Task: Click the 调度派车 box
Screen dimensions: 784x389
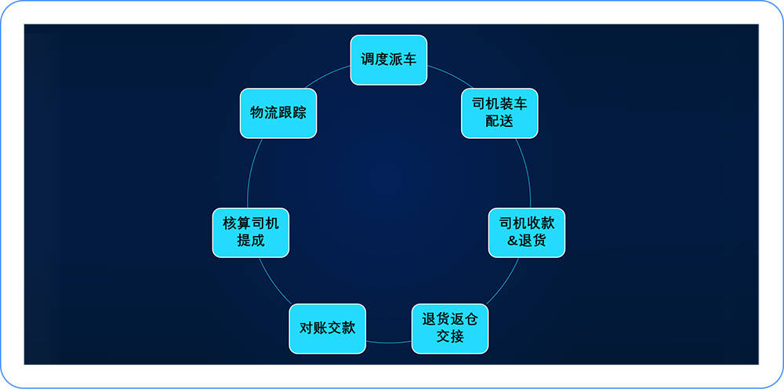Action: coord(389,60)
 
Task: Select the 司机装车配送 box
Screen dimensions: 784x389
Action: coord(499,113)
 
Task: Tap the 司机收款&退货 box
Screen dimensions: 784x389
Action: coord(527,232)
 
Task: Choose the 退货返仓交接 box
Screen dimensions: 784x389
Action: coord(450,329)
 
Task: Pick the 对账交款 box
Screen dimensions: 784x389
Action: coord(328,329)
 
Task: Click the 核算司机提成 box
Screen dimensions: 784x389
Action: coord(251,232)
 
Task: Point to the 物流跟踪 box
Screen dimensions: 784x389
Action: coord(278,113)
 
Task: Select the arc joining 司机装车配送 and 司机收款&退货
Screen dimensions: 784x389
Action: coord(526,173)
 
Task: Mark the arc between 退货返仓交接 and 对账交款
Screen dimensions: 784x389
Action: coord(389,343)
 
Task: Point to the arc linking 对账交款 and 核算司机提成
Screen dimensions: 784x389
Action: coord(274,282)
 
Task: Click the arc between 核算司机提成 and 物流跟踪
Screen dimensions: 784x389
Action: coord(252,173)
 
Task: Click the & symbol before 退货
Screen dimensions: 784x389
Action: coord(512,241)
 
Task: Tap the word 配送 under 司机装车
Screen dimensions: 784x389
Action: coord(499,121)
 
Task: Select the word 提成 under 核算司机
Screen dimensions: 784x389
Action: coord(251,241)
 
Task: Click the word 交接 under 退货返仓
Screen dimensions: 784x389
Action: coord(450,336)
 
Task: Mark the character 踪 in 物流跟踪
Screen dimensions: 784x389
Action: coord(299,113)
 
